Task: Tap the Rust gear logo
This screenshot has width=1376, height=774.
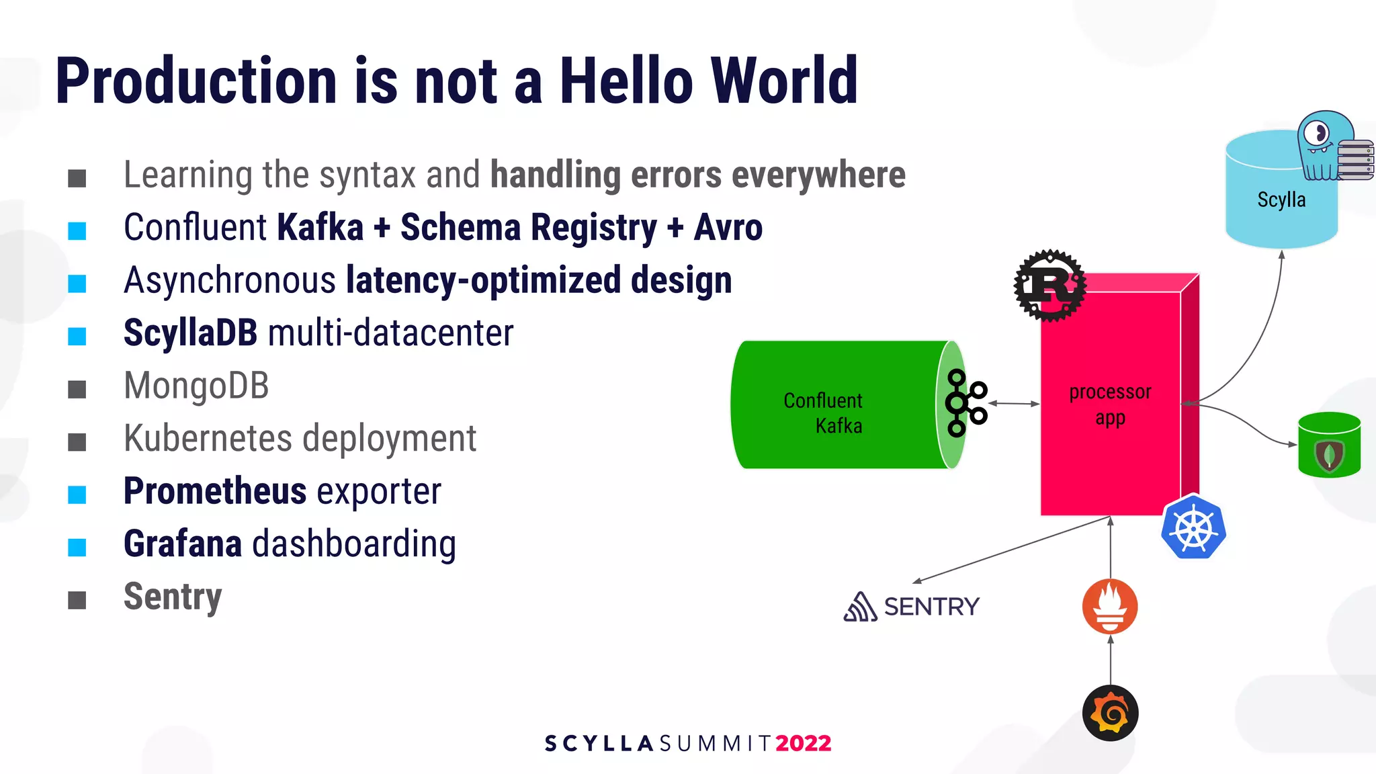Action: click(1049, 286)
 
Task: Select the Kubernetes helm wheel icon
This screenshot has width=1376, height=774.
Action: click(1193, 528)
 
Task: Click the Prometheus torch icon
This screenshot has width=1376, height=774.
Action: click(1110, 606)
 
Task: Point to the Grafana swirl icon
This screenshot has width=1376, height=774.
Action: click(1110, 713)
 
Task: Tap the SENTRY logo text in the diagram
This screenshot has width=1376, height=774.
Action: click(931, 607)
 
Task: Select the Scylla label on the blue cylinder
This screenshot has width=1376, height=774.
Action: click(1281, 200)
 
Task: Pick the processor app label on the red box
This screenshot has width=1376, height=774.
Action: click(1110, 404)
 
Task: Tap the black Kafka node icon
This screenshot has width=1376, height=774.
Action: click(965, 403)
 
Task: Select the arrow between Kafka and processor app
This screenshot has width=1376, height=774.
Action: click(1014, 404)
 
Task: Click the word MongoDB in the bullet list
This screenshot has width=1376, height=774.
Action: click(196, 386)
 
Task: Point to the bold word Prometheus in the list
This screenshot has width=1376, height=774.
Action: click(215, 491)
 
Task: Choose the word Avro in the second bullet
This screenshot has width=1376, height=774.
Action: click(728, 228)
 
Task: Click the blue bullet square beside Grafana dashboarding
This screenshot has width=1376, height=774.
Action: click(77, 548)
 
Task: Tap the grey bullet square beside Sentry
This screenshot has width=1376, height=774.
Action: click(77, 600)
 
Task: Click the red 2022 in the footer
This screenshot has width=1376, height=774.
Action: click(804, 743)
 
